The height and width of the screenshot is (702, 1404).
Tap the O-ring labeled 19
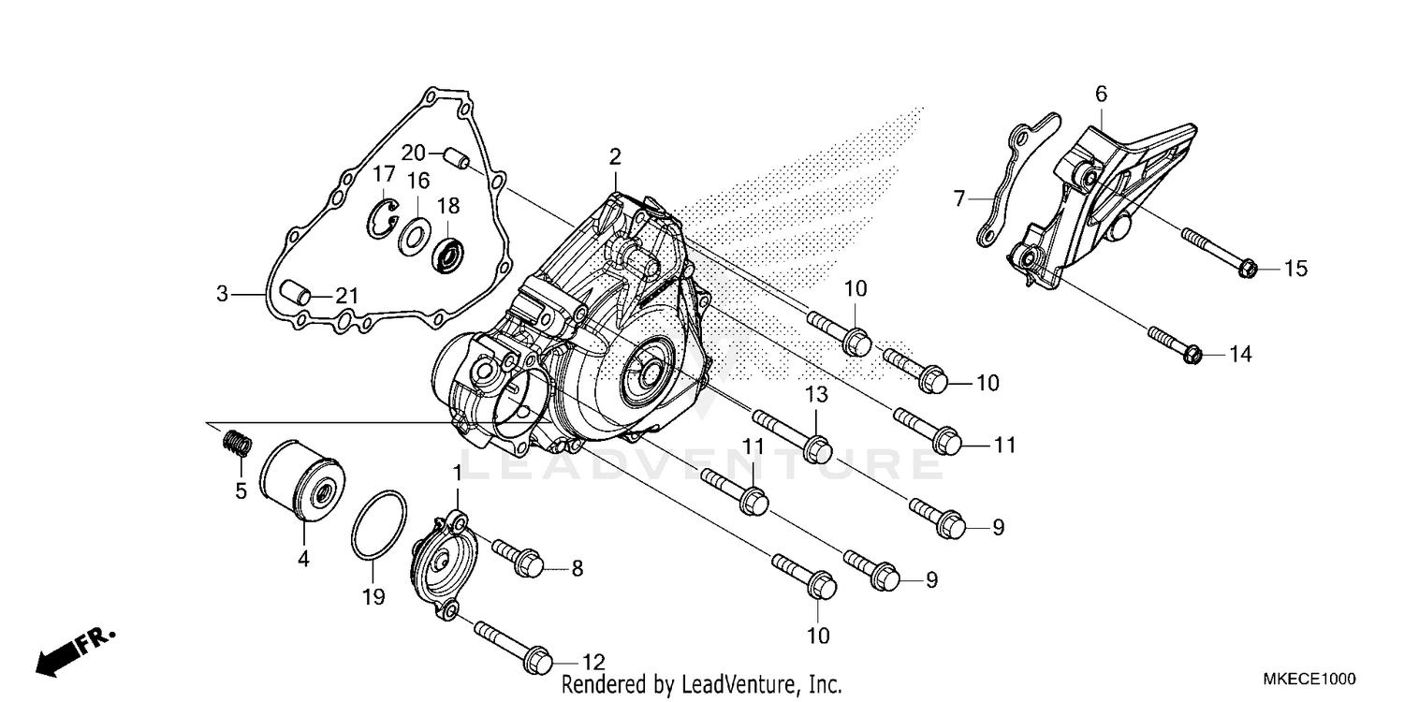379,527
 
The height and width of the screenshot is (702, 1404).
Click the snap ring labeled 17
382,218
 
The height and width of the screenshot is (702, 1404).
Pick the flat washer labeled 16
414,236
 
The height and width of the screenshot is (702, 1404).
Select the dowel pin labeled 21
295,295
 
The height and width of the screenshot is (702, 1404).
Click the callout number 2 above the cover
615,156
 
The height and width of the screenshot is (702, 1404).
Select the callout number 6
1101,93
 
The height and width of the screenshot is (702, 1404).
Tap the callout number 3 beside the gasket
222,294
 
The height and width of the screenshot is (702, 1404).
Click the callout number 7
958,198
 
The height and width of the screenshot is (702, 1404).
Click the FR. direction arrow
75,651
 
